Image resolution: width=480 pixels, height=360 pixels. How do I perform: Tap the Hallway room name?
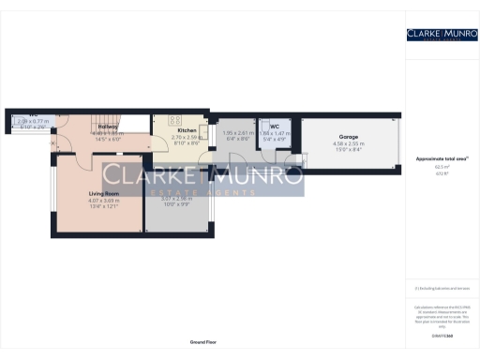pos(107,127)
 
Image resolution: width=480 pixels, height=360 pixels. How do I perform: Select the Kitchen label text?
pos(187,130)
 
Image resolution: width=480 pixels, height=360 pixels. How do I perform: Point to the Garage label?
pos(349,137)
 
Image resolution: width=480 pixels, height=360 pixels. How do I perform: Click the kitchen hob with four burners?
pos(174,120)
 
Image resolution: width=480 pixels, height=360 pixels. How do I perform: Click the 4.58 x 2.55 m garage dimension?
pos(349,143)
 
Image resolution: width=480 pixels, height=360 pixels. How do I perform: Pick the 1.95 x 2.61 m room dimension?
pos(239,132)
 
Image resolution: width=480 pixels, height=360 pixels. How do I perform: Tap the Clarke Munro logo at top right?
pos(442,35)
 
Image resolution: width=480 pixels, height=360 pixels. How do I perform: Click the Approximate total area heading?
pos(442,159)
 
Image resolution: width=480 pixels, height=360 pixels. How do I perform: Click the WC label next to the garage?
pos(275,126)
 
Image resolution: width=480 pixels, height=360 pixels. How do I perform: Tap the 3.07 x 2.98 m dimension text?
pos(176,198)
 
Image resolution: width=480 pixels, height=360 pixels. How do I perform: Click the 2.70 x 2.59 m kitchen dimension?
pos(187,137)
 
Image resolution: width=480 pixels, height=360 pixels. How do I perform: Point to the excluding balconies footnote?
pos(442,288)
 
